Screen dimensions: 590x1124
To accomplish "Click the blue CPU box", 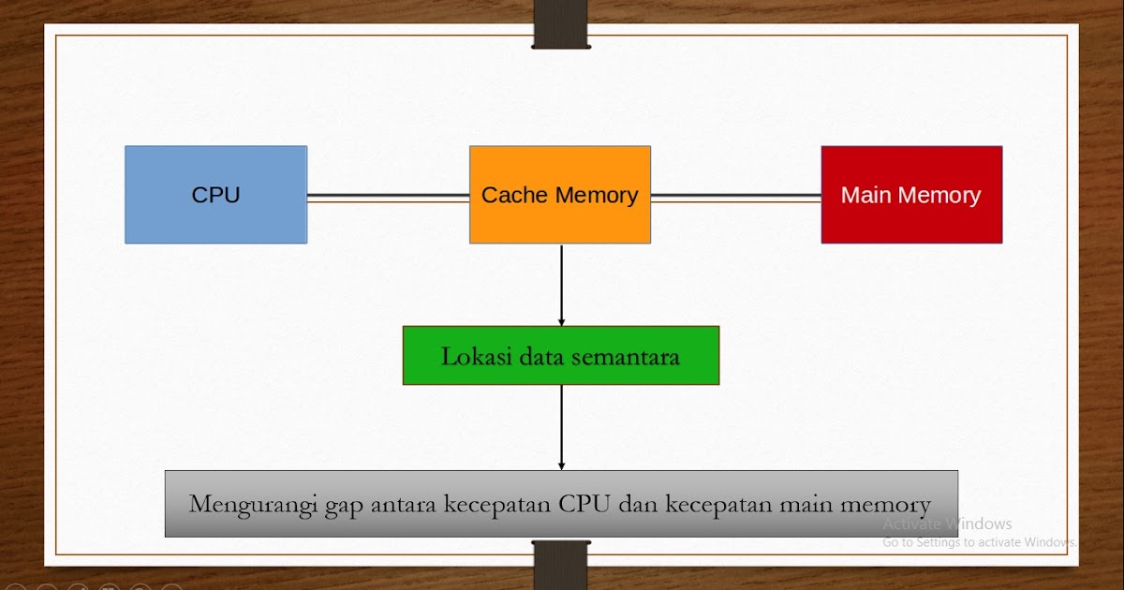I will point(215,195).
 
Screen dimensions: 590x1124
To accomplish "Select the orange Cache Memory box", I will point(559,195).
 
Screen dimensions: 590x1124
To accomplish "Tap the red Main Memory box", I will point(911,195).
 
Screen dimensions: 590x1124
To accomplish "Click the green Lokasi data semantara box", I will point(560,356).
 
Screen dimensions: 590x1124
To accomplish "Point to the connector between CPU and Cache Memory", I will point(388,197).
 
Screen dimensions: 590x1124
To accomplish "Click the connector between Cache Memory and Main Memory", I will point(735,197).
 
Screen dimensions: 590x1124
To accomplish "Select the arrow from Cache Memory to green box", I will point(561,285).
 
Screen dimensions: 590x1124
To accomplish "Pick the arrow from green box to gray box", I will point(561,427).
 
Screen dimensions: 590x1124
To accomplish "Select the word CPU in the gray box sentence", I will point(585,504).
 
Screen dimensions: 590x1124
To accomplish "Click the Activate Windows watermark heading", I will point(947,524).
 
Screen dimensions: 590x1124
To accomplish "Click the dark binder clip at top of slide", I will point(560,24).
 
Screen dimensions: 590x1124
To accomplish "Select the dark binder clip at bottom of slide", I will point(560,565).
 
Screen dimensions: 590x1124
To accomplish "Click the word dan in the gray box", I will point(639,504).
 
